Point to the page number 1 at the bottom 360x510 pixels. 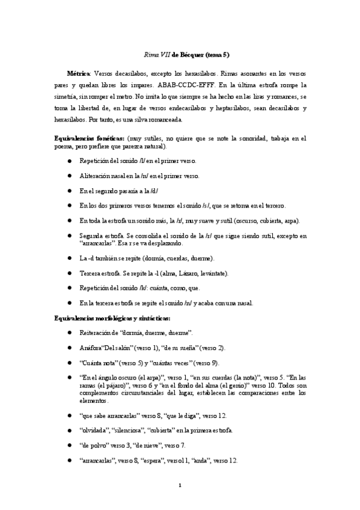[180, 485]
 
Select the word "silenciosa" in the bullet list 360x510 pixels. [130, 431]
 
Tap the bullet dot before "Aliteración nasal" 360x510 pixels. [69, 176]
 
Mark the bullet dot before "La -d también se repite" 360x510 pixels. [69, 258]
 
